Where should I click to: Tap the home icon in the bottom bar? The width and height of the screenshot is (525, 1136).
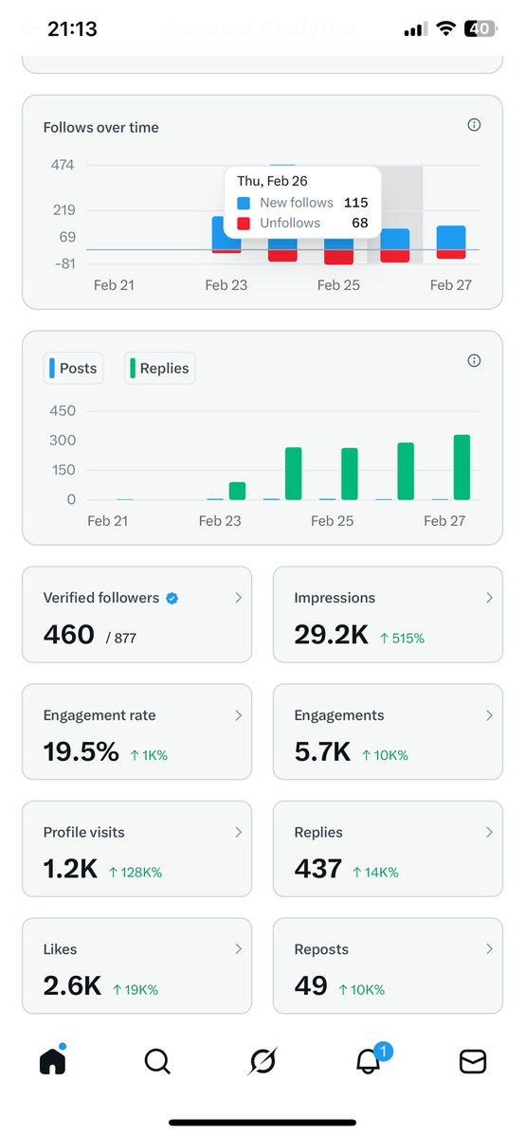coord(53,1061)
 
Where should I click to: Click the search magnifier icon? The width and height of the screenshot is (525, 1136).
coord(157,1062)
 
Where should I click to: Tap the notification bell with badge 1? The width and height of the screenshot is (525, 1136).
coord(369,1061)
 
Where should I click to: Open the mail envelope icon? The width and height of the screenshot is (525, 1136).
coord(472,1062)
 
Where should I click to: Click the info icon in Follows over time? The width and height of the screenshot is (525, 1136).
coord(474,125)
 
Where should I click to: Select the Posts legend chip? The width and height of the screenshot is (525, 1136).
coord(71,369)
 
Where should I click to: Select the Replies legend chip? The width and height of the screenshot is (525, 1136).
coord(159,369)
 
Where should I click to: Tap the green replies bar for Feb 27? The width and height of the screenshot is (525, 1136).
coord(462,467)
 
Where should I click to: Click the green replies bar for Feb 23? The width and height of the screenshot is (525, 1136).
coord(237,491)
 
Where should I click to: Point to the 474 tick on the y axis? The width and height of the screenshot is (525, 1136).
coord(63,165)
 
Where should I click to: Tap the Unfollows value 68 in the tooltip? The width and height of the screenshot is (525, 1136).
coord(360,223)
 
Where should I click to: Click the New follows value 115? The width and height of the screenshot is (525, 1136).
coord(356,203)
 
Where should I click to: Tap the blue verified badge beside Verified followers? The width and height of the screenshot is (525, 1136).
coord(172,598)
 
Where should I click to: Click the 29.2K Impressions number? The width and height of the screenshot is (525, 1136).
coord(331,635)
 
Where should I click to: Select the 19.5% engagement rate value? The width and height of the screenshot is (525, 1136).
coord(81,752)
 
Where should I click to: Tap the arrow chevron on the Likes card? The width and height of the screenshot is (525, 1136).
coord(238,948)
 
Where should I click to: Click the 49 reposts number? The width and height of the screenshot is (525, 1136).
coord(311,986)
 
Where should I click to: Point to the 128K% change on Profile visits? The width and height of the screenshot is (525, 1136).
coord(136,872)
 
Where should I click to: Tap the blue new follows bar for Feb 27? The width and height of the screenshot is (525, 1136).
coord(451,238)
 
